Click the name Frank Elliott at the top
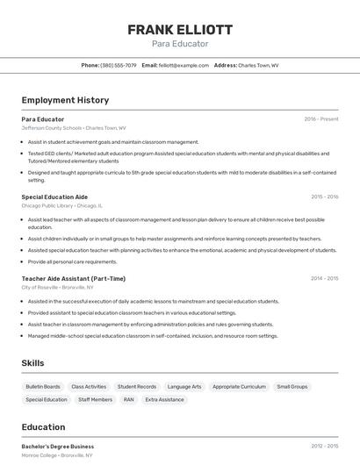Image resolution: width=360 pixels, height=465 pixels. (180, 29)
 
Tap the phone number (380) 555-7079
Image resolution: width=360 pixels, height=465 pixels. (119, 65)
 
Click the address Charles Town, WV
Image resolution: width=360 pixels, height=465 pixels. (258, 65)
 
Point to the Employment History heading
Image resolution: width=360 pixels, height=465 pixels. (65, 100)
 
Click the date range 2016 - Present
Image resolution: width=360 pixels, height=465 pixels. (320, 118)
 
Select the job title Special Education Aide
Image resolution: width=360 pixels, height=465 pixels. (54, 197)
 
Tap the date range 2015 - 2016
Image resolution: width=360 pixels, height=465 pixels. (324, 197)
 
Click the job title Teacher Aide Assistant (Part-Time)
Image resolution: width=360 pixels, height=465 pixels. (73, 278)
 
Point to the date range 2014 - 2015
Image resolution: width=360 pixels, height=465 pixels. (324, 278)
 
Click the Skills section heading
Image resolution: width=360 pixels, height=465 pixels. (33, 362)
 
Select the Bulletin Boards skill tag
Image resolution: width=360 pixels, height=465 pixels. (43, 386)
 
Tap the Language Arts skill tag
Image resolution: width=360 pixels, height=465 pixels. (184, 386)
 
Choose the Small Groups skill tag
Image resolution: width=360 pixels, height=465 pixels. (292, 386)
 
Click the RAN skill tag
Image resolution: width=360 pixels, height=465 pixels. (128, 399)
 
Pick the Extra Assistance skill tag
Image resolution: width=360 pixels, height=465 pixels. (165, 399)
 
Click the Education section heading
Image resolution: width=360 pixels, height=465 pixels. (44, 427)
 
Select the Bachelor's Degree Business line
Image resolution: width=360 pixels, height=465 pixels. (57, 446)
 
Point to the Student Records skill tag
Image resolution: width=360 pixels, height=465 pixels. (137, 386)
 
